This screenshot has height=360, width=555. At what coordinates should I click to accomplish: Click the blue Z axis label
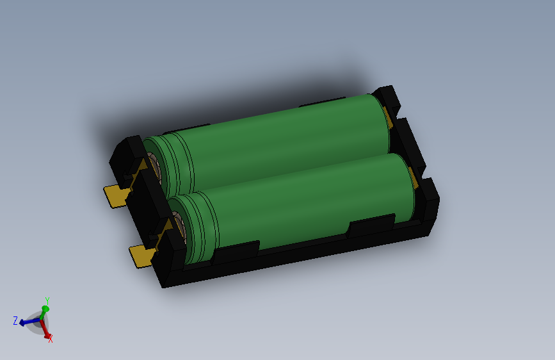pos(15,321)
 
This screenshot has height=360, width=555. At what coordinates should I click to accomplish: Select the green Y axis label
pos(47,300)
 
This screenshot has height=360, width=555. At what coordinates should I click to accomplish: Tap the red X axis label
pos(51,339)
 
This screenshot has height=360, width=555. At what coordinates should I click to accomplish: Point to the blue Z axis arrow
pos(28,322)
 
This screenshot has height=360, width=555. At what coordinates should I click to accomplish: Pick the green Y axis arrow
pos(44,311)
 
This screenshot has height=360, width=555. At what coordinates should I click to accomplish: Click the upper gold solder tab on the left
pos(115,195)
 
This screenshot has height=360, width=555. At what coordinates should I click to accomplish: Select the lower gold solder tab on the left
pos(141,256)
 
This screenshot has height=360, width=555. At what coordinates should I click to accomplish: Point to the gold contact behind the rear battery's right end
pos(388,119)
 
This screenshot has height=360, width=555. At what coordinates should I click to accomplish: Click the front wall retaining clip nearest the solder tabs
pos(235,251)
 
